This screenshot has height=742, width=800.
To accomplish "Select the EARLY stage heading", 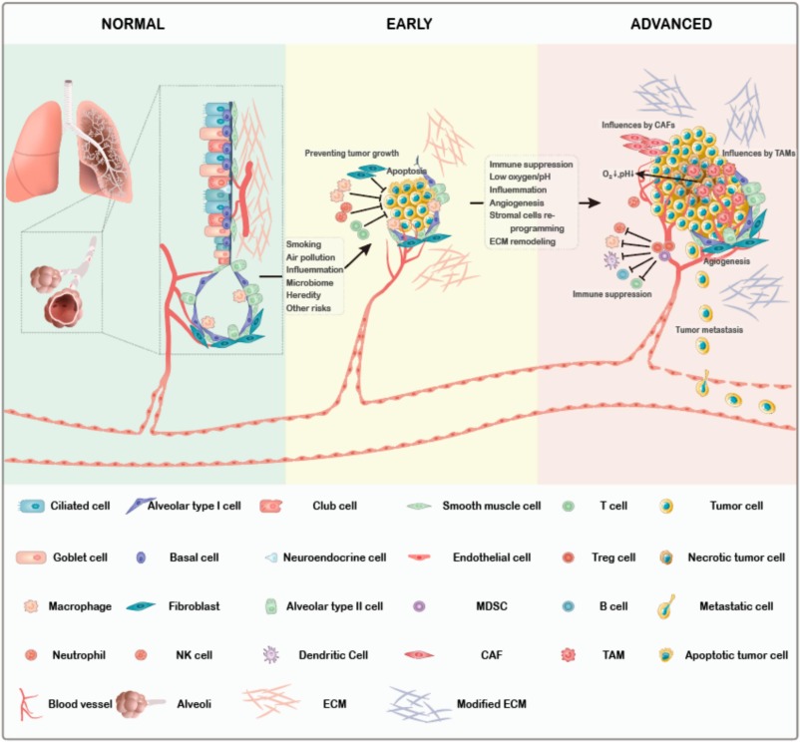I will [x=410, y=23].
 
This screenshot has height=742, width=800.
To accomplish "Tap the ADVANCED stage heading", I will [x=670, y=23].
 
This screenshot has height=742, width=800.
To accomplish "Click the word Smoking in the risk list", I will [x=304, y=243].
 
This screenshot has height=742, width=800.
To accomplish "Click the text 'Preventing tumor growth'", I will [x=353, y=154].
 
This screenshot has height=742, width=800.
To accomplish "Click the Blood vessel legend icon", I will [x=28, y=703].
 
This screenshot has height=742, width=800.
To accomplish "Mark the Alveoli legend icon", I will [x=140, y=702].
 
